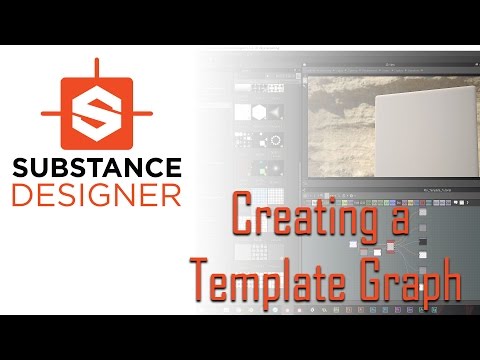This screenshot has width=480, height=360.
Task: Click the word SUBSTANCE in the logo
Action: point(97,168)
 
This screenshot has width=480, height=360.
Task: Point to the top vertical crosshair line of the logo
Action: point(97,68)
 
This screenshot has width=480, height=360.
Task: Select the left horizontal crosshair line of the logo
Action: point(51,113)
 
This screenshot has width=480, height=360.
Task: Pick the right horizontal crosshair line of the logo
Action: point(143,113)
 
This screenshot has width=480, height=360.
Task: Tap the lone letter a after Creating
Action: point(400,222)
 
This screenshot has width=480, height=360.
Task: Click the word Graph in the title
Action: point(412,280)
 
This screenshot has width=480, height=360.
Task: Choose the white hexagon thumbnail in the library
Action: point(259,112)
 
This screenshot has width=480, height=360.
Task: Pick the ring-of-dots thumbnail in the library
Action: point(276,141)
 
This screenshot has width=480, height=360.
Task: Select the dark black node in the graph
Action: point(423,242)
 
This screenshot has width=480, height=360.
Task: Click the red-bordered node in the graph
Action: point(390,246)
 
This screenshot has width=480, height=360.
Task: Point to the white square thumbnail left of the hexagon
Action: point(242,112)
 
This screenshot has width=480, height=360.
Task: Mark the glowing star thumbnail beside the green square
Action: point(276,169)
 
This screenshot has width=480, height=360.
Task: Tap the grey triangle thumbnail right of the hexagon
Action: point(275,112)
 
